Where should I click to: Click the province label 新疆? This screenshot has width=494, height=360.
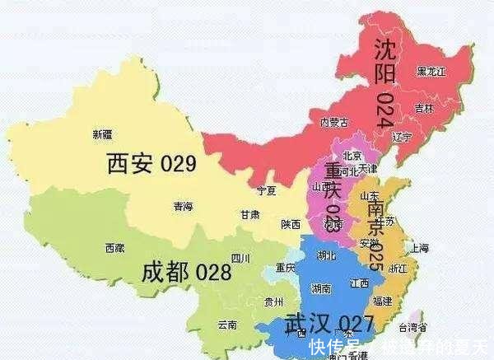pos(103,134)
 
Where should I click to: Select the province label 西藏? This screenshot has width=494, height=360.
pos(114,247)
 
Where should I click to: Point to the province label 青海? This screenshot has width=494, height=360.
pos(184,207)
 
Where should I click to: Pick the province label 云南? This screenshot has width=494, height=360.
pos(226,325)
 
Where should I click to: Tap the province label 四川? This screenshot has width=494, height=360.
pos(240,258)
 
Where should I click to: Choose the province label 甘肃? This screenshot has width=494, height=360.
pos(250,214)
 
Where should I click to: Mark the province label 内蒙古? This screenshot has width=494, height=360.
pos(333,123)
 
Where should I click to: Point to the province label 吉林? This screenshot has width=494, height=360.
pos(424,108)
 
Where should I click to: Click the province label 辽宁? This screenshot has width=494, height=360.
pos(402,137)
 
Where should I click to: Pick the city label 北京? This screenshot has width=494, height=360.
pos(352,155)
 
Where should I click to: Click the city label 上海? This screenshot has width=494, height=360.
pos(419,247)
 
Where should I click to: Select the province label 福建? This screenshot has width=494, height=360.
pos(382,302)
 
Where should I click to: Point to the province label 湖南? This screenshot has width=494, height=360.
pos(322,288)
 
